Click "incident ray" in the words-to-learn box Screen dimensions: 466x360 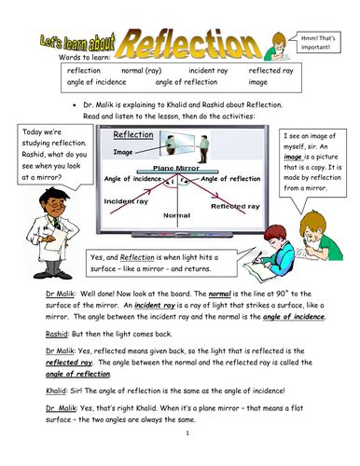pyautogui.click(x=205, y=70)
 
